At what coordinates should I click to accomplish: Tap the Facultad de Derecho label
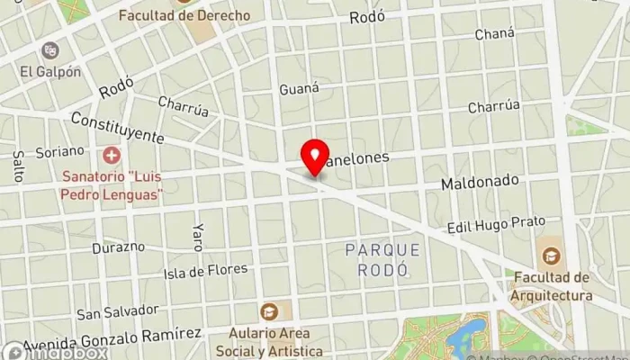coord(184,15)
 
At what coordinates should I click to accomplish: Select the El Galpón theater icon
coord(49,50)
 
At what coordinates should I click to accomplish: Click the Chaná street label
coord(498,33)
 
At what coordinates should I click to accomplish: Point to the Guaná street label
coord(300,88)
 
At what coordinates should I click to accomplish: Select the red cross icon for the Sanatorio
coord(111,155)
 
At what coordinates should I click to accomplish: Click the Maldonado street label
coord(480,182)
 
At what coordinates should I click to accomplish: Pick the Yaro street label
coord(197,236)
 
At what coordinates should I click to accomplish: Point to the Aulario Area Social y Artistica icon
coord(268,311)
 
